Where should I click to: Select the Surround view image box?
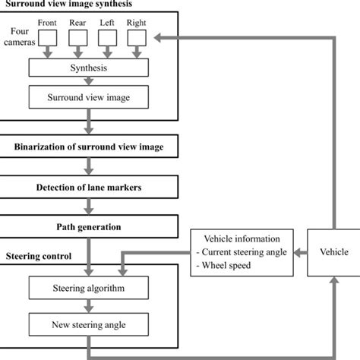point(89,97)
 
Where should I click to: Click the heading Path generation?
point(90,226)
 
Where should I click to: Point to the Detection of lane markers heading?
point(90,186)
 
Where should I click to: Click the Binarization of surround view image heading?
point(90,145)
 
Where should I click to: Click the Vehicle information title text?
point(237,239)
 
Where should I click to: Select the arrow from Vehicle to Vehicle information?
point(298,251)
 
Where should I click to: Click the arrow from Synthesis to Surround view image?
point(89,83)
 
